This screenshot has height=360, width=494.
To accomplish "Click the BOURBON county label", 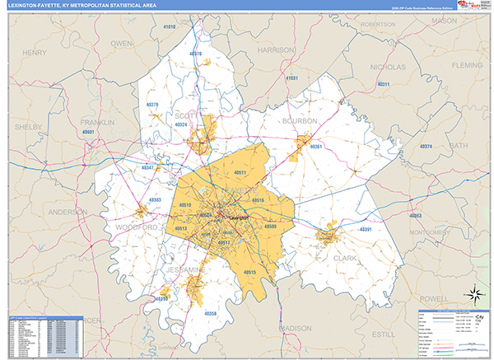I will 300,121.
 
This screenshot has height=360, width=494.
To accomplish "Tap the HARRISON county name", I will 276,49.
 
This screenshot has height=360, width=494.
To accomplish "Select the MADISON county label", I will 292,328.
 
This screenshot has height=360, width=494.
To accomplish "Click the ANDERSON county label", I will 68,212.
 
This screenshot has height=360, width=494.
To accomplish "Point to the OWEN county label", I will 122,42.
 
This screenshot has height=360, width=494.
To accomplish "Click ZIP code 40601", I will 90,132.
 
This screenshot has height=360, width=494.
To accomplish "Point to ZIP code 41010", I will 170,27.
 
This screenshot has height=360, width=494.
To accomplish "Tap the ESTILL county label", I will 384,334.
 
